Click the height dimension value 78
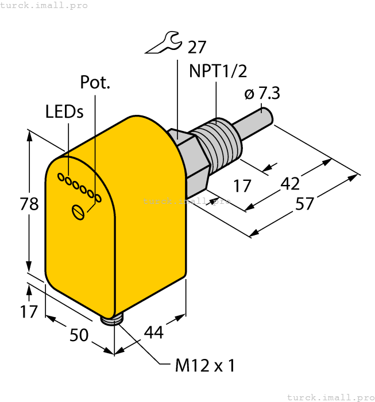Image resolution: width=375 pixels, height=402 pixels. point(29,204)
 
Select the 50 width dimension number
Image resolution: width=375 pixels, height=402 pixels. point(80,334)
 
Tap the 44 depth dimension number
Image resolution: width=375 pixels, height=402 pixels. point(153,333)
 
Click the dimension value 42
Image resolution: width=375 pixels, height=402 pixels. point(289,184)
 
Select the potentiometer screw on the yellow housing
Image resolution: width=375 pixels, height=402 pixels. point(79,212)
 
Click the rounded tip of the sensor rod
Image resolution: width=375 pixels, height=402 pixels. point(269,118)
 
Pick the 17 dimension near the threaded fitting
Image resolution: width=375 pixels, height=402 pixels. point(243,185)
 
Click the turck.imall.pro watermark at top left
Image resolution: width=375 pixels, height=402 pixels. point(44,5)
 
